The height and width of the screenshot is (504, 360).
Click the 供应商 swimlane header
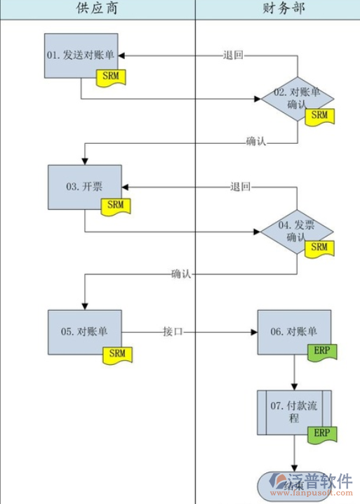98,9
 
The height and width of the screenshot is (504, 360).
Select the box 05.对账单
85,331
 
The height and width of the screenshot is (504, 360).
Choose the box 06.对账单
293,331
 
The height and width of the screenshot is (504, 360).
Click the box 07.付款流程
294,411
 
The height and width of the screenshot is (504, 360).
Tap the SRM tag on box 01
111,76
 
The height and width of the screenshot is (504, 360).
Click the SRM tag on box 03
116,206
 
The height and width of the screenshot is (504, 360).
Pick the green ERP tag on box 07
321,433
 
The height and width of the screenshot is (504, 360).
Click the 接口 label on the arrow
173,331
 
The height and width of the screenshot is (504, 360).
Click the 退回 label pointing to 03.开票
240,187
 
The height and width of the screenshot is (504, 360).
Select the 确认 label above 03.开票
256,142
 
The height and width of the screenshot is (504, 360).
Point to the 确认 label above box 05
182,274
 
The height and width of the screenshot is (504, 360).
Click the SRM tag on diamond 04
319,248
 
